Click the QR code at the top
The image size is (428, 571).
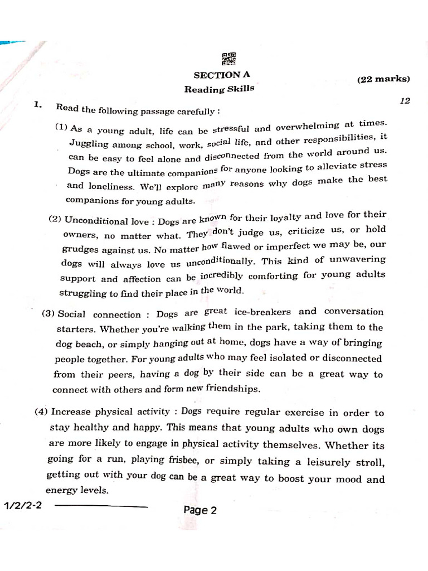tap(229, 59)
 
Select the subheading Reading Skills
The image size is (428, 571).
tap(219, 89)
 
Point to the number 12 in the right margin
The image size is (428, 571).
tap(405, 101)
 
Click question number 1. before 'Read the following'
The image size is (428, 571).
tap(38, 104)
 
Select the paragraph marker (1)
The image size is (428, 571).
tap(61, 127)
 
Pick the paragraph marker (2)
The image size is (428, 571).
tap(55, 219)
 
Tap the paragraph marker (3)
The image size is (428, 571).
tap(48, 313)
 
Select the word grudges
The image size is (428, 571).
tap(82, 250)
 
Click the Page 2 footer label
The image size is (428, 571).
tap(200, 510)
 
